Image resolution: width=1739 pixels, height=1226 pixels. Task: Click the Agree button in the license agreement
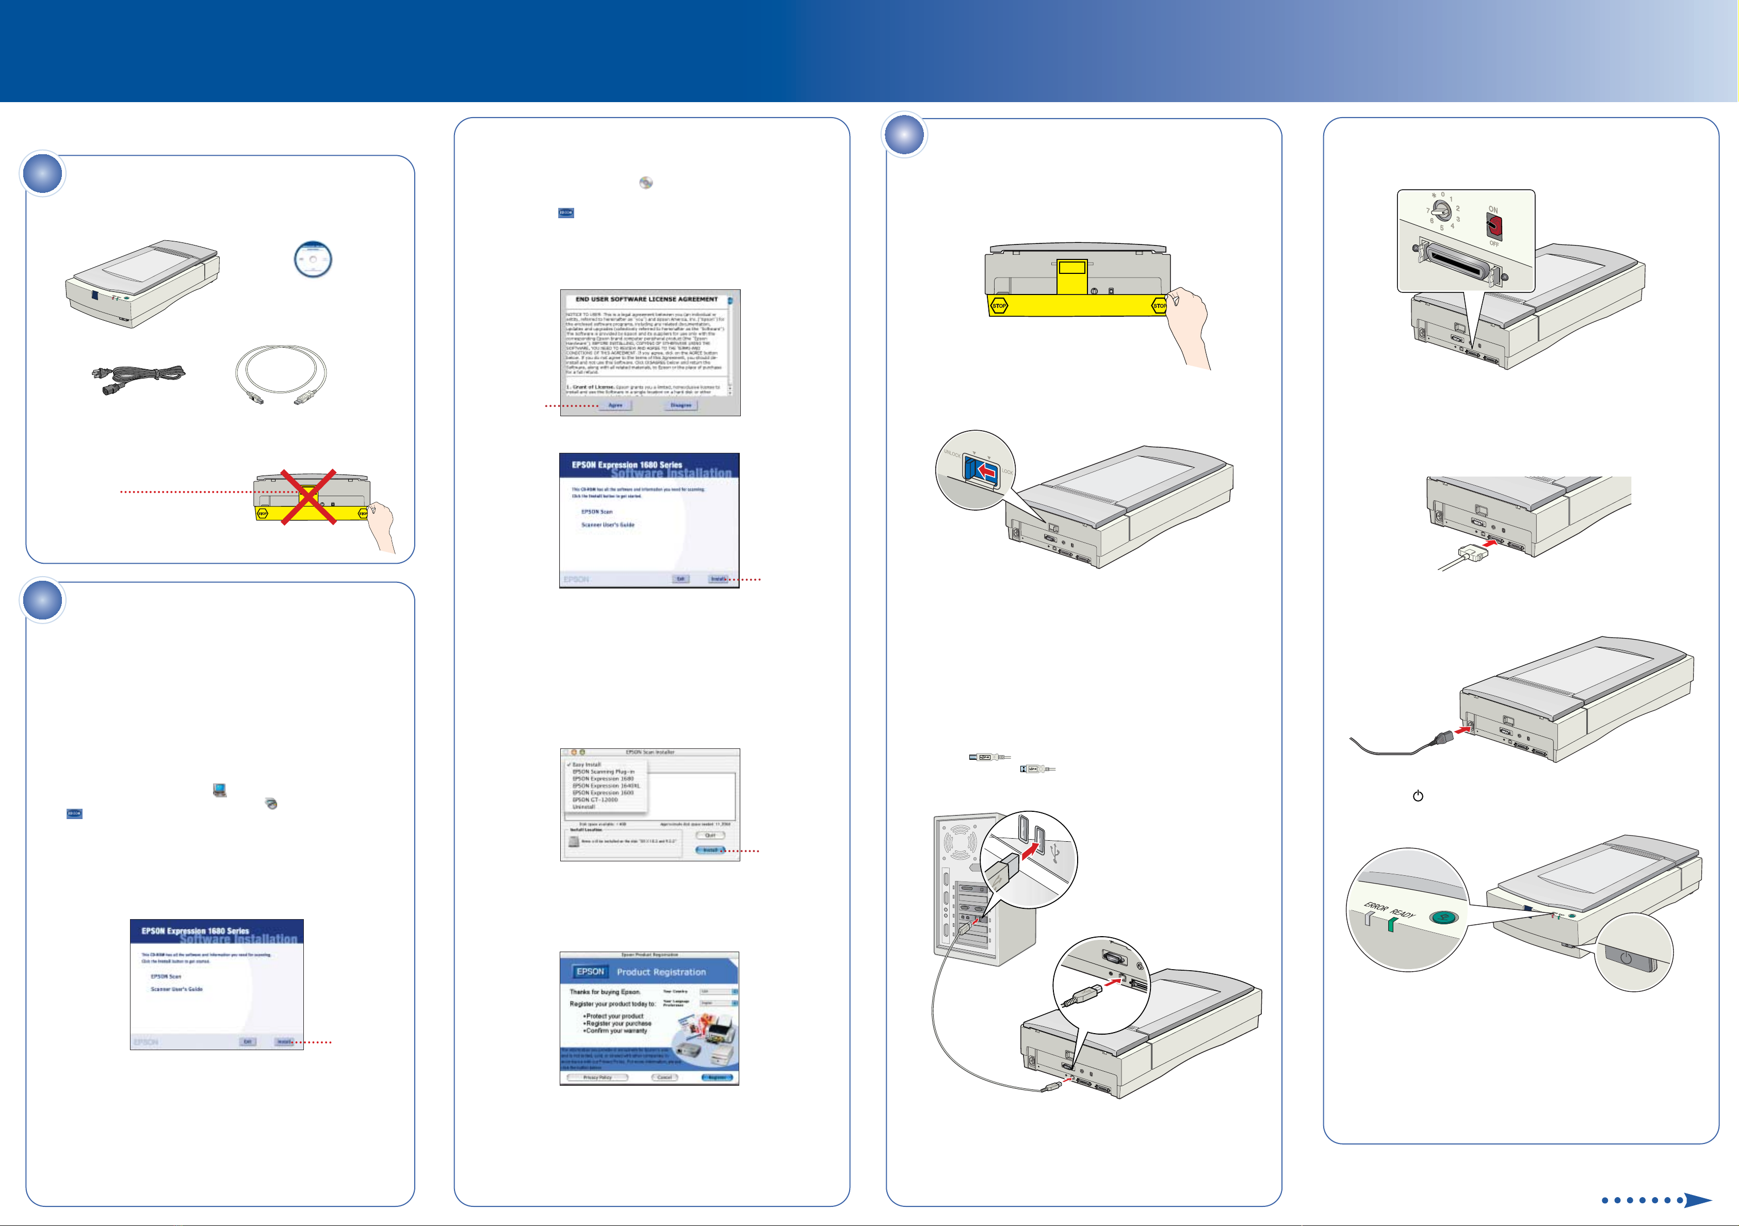pyautogui.click(x=615, y=405)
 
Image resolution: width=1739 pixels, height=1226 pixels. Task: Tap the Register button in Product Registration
pyautogui.click(x=717, y=1077)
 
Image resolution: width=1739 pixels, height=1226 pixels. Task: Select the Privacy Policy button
pyautogui.click(x=597, y=1077)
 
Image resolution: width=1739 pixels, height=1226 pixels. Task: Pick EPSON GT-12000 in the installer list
pyautogui.click(x=595, y=799)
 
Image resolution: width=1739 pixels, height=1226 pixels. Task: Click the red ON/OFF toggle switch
pyautogui.click(x=1493, y=226)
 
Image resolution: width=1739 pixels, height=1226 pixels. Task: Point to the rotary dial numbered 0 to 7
pyautogui.click(x=1442, y=210)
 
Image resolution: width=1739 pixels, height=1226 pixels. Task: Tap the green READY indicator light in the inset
pyautogui.click(x=1391, y=925)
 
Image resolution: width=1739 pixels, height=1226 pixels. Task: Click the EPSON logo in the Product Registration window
pyautogui.click(x=590, y=972)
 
